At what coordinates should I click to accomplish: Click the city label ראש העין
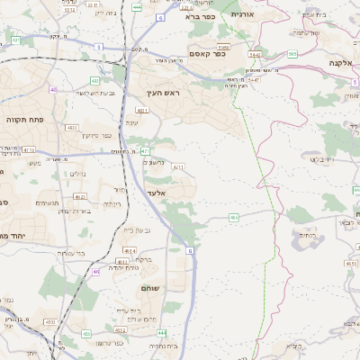click(165, 93)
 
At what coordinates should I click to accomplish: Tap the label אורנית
click(243, 14)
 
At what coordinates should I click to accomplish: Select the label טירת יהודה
click(121, 267)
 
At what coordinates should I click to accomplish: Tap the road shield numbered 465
click(233, 217)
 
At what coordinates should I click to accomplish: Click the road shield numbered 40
click(54, 89)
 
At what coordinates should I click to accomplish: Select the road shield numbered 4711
click(178, 166)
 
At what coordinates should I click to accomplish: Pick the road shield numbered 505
click(292, 54)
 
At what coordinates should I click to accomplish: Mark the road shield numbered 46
click(95, 270)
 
